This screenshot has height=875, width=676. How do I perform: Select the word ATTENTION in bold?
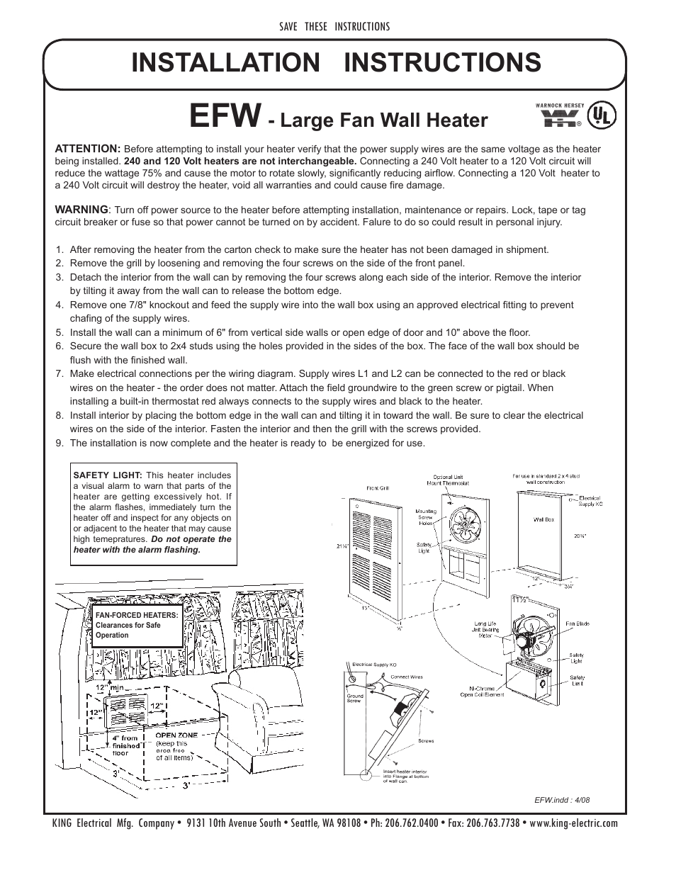(88, 148)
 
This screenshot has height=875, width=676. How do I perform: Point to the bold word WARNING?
(81, 210)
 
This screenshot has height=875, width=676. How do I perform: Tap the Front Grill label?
(378, 487)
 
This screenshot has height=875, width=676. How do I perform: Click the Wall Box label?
(543, 519)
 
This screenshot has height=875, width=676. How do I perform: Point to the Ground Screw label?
(355, 698)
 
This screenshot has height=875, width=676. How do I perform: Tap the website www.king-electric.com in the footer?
(573, 823)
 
